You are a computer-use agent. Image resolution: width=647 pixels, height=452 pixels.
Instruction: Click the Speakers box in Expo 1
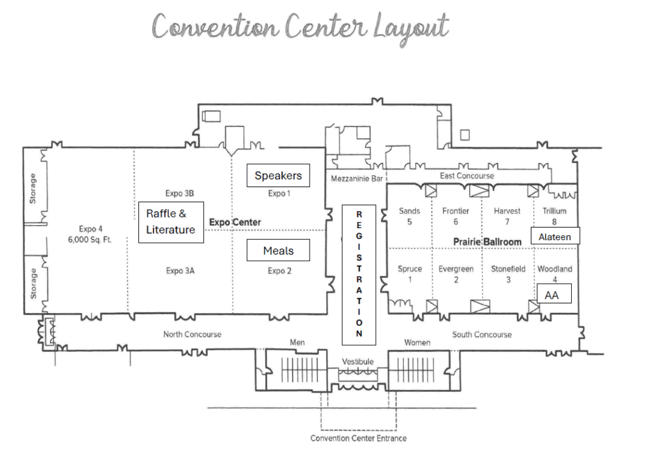click(278, 175)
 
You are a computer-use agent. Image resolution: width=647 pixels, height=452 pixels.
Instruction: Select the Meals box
click(278, 250)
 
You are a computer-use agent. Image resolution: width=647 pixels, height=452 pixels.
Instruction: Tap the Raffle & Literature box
click(171, 222)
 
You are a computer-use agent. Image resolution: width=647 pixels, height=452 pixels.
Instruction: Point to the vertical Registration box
click(359, 274)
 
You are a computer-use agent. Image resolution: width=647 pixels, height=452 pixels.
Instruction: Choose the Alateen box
click(555, 237)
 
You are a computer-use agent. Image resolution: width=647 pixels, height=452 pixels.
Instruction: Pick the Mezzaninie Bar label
click(357, 179)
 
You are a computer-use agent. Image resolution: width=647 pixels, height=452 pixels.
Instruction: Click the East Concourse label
click(467, 176)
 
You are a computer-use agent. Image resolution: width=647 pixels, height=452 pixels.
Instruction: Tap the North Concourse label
click(192, 334)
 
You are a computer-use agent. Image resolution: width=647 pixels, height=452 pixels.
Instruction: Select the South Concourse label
click(482, 334)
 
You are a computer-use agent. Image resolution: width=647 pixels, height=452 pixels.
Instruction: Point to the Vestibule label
click(358, 361)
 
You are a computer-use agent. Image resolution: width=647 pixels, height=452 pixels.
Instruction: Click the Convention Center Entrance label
click(358, 438)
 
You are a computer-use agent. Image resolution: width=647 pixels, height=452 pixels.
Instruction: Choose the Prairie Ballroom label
click(487, 241)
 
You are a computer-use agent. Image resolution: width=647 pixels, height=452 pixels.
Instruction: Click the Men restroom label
click(297, 343)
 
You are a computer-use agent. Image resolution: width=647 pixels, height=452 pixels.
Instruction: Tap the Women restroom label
click(417, 343)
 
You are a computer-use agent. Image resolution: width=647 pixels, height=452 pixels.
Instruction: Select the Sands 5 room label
click(409, 216)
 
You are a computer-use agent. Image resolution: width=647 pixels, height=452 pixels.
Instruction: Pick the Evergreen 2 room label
click(456, 274)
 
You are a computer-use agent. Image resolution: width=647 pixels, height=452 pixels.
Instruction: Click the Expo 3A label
click(180, 271)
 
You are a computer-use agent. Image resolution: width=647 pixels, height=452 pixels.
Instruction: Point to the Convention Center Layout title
click(300, 27)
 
